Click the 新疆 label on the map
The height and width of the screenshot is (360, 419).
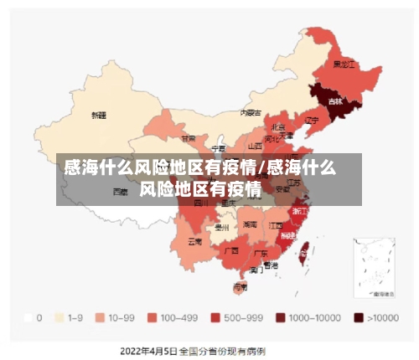[x=99, y=115]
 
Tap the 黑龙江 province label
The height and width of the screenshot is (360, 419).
[x=344, y=64]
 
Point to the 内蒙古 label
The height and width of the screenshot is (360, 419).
[x=251, y=112]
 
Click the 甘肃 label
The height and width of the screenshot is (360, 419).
[x=189, y=138]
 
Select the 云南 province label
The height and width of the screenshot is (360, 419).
[x=194, y=242]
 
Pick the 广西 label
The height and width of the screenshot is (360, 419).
[x=232, y=249]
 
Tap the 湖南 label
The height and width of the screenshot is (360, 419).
[x=250, y=224]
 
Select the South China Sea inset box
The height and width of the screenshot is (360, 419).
[x=375, y=266]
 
